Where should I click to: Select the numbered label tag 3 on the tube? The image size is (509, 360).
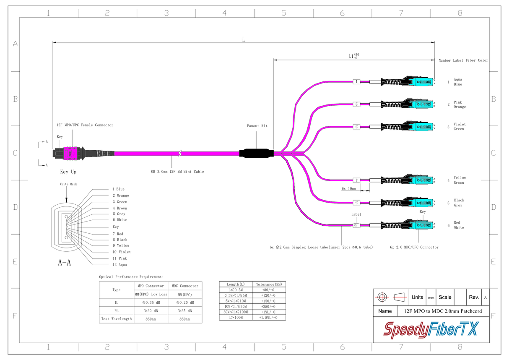coord(357,126)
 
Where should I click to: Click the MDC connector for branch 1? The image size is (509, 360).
coord(415,81)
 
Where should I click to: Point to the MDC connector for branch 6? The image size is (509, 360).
coord(415,225)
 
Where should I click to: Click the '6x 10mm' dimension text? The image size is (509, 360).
coord(348,188)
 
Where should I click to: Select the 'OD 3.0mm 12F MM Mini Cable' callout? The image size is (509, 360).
coord(177,171)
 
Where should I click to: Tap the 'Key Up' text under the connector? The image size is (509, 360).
coord(68,172)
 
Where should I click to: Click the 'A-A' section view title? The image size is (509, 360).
coord(64,263)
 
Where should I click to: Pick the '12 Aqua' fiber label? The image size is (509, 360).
coord(119,265)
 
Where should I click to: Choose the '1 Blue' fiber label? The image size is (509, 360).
coord(118,189)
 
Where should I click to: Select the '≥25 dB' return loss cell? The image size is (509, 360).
coord(184,311)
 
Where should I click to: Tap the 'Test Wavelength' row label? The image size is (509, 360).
coord(116,319)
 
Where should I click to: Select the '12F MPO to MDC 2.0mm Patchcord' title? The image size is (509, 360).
coord(443,311)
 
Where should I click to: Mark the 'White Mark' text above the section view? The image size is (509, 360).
coord(68,184)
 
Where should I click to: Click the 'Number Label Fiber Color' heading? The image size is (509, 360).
coord(463,60)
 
